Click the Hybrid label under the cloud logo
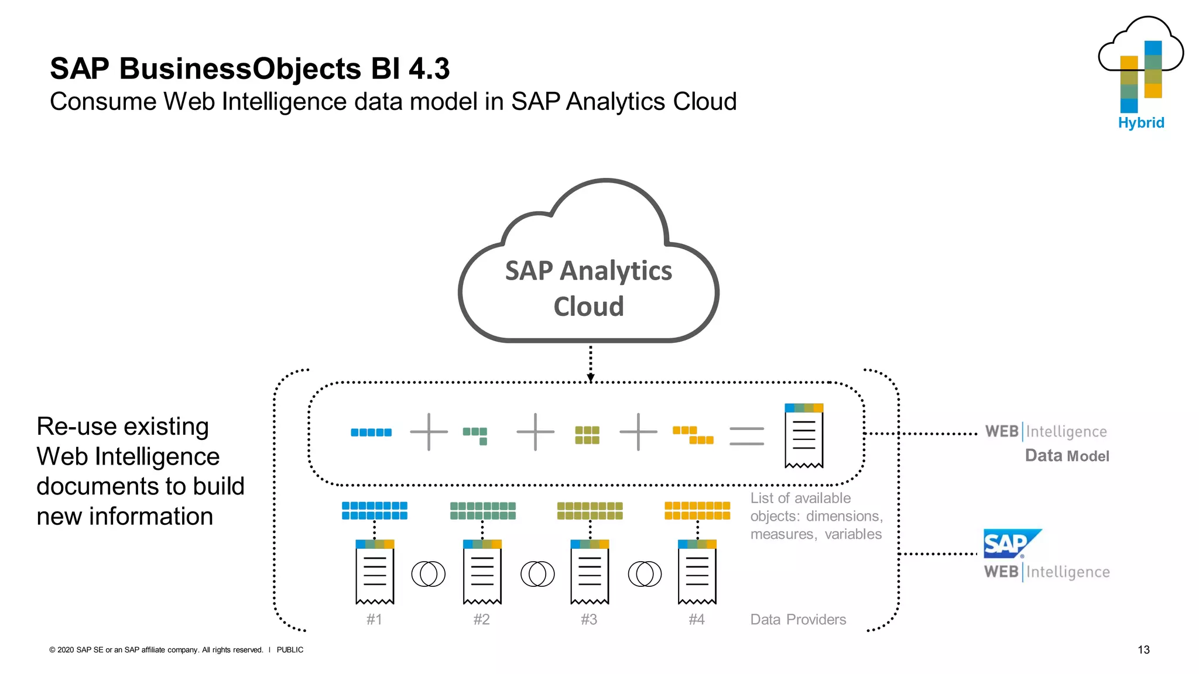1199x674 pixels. click(1140, 123)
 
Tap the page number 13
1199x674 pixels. click(1143, 649)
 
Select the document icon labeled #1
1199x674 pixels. click(375, 572)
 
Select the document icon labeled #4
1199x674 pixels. click(697, 572)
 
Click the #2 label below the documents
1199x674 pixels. click(481, 619)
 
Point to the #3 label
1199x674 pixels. click(589, 619)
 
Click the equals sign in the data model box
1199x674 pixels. click(746, 436)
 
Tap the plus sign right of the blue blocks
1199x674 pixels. click(429, 432)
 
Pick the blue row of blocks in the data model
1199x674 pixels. click(371, 432)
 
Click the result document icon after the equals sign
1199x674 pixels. click(804, 436)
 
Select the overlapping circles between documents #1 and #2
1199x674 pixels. click(428, 574)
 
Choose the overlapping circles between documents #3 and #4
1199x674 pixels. click(645, 574)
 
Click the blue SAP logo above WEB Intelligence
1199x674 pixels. click(1010, 544)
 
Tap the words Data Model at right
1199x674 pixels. click(1067, 456)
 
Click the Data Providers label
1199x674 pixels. click(798, 620)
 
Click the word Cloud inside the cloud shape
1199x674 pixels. click(588, 307)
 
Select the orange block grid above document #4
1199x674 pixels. click(697, 510)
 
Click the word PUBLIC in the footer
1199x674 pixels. click(290, 649)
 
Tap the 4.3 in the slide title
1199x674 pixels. click(429, 68)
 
